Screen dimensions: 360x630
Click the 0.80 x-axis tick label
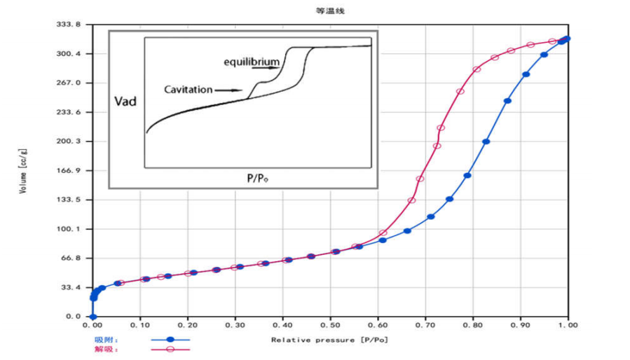pyautogui.click(x=474, y=326)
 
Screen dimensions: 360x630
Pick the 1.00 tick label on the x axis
pyautogui.click(x=568, y=326)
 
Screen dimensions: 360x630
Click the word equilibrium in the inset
pyautogui.click(x=252, y=62)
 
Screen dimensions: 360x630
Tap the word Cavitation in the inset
pyautogui.click(x=189, y=90)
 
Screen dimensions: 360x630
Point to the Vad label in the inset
pyautogui.click(x=125, y=102)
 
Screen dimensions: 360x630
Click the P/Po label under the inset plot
pyautogui.click(x=259, y=178)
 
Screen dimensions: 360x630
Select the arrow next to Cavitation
pyautogui.click(x=226, y=90)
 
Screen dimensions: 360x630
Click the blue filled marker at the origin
pyautogui.click(x=93, y=317)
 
